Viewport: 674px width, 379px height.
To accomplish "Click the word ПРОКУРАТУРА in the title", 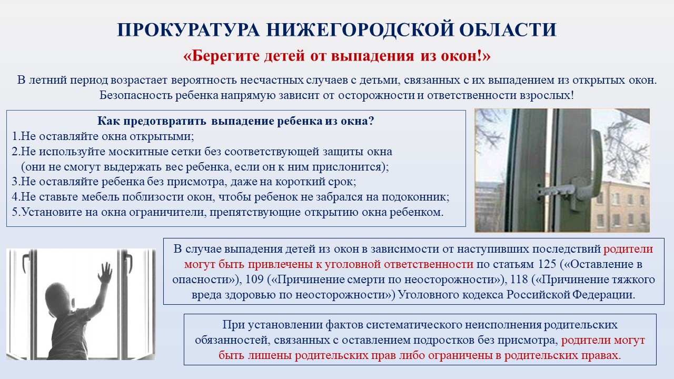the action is point(189,30).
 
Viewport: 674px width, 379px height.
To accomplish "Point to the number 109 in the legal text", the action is point(255,280).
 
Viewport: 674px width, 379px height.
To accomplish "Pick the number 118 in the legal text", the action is point(519,280).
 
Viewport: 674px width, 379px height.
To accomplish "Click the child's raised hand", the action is point(105,273).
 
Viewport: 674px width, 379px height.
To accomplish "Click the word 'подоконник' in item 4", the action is point(415,197).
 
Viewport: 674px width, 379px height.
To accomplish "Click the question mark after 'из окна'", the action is point(371,121).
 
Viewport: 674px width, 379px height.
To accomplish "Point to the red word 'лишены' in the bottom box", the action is point(270,355).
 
